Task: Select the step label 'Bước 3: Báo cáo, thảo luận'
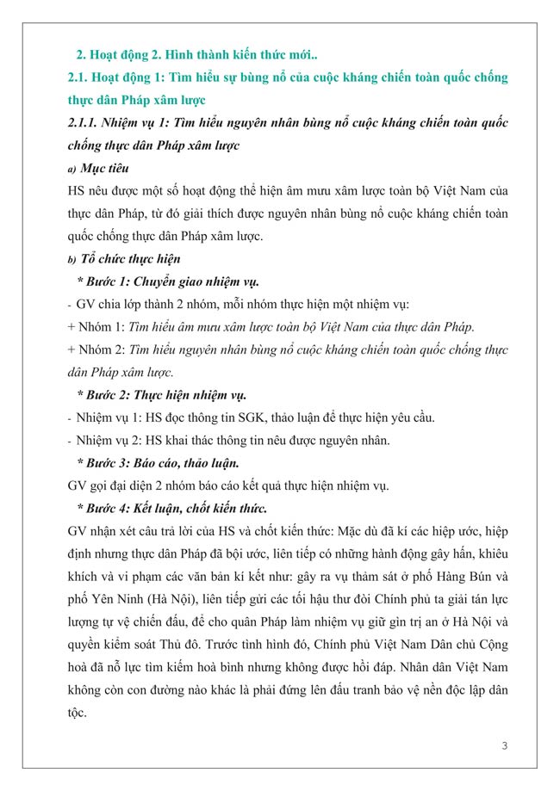158,462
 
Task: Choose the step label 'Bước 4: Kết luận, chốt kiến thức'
172,507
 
